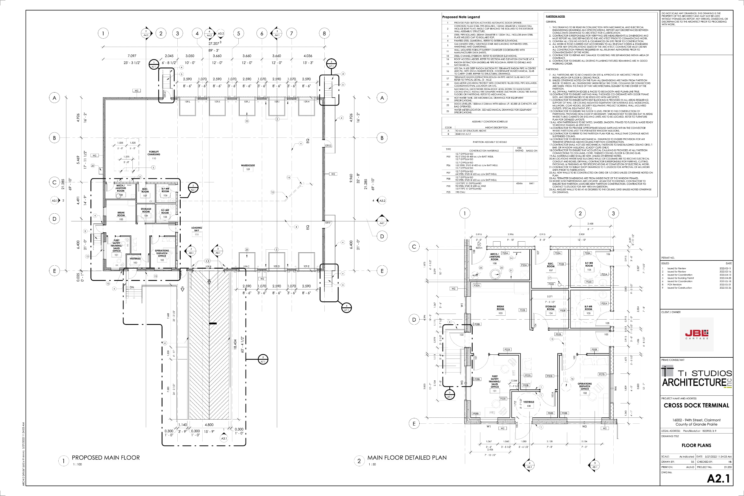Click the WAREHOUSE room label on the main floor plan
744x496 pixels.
[248, 165]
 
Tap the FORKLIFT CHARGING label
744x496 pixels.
[154, 153]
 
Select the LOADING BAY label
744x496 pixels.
[196, 229]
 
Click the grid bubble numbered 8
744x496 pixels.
[324, 33]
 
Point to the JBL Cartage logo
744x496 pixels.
[697, 334]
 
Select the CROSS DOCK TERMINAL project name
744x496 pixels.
[696, 406]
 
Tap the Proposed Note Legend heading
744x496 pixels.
[461, 17]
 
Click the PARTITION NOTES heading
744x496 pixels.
[555, 16]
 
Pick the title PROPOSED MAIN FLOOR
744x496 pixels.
[106, 458]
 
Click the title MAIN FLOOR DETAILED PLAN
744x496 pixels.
[407, 458]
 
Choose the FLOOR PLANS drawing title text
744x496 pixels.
[696, 445]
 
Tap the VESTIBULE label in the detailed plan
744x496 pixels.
[529, 402]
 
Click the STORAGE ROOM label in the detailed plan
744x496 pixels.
[550, 308]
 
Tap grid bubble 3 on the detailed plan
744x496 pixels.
[613, 213]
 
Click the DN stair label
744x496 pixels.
[132, 287]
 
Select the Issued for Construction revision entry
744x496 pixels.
[679, 288]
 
